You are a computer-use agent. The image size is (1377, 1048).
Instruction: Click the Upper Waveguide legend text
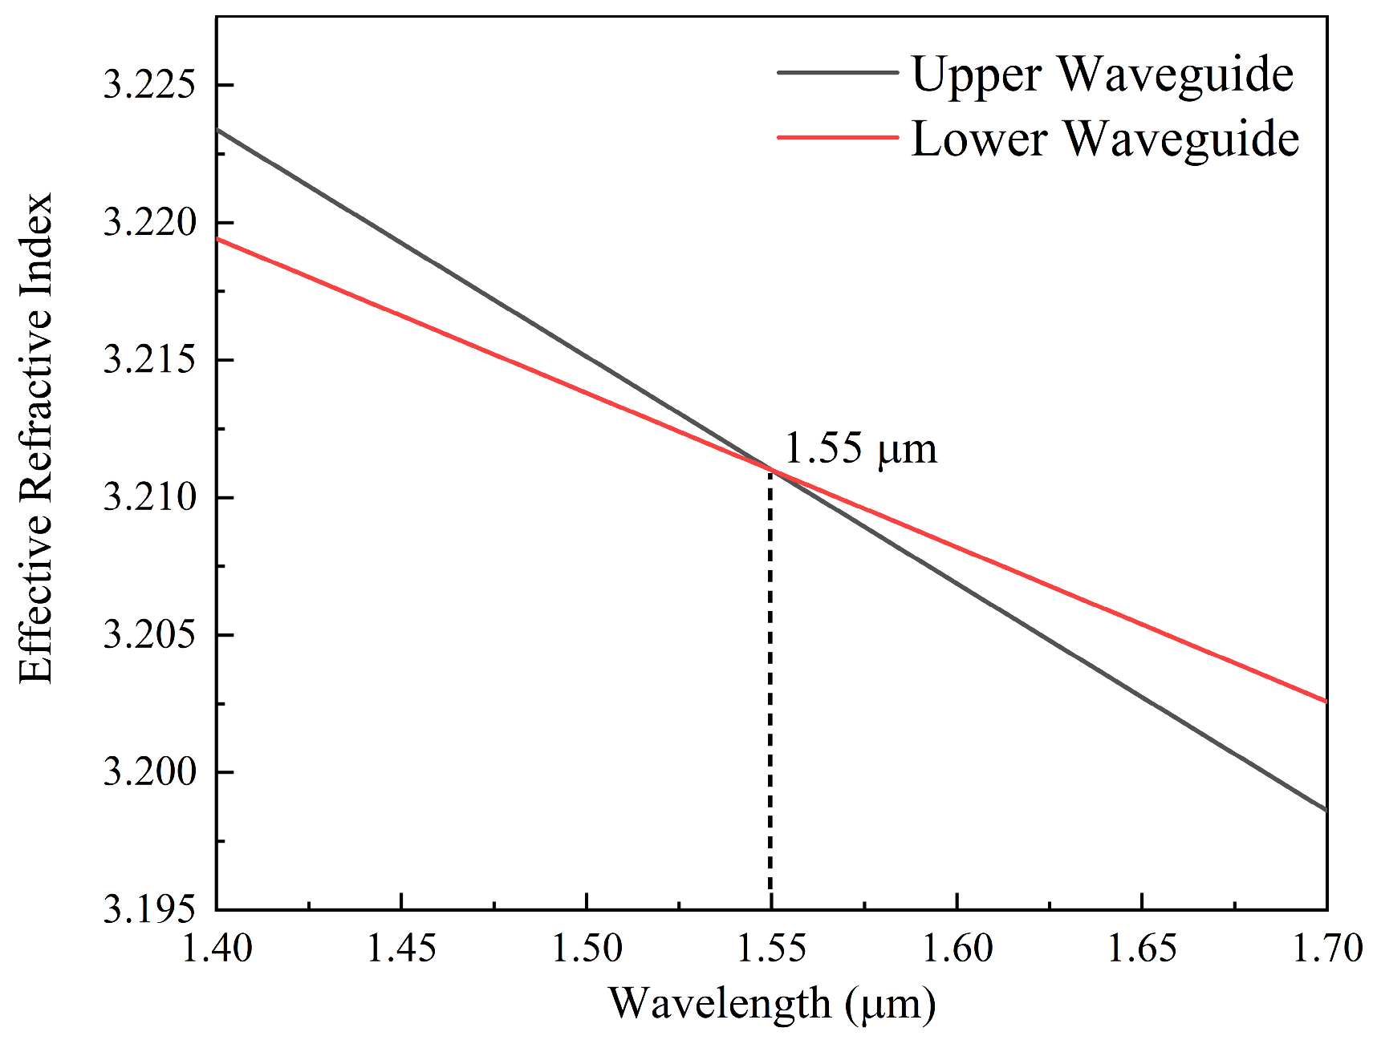(x=1102, y=75)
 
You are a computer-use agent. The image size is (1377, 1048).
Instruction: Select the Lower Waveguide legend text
(x=1105, y=139)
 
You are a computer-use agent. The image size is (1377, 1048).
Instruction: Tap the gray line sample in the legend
(x=837, y=72)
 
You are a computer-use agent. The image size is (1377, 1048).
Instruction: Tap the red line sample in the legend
(x=837, y=137)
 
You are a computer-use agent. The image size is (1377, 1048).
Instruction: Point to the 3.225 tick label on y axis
(x=150, y=85)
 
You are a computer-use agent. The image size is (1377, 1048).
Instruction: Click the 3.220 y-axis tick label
(x=150, y=222)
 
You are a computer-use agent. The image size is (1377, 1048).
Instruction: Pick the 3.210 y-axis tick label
(x=150, y=497)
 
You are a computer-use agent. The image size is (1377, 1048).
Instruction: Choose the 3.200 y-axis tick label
(x=150, y=772)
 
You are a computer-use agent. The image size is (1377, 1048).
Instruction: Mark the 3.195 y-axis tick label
(x=150, y=910)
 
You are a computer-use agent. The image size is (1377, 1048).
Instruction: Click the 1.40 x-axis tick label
(x=217, y=949)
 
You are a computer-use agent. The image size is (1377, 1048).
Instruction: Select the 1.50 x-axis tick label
(x=587, y=949)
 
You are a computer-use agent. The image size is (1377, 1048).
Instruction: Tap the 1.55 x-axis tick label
(x=771, y=949)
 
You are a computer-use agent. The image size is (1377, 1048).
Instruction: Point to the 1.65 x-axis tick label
(x=1141, y=949)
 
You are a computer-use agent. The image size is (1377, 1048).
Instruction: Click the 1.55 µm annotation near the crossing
(x=860, y=448)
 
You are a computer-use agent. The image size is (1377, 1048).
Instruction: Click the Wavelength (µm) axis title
(x=772, y=1004)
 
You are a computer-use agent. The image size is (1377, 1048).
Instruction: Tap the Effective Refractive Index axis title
(x=35, y=438)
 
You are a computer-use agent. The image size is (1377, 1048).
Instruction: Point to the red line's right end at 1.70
(x=1325, y=701)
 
